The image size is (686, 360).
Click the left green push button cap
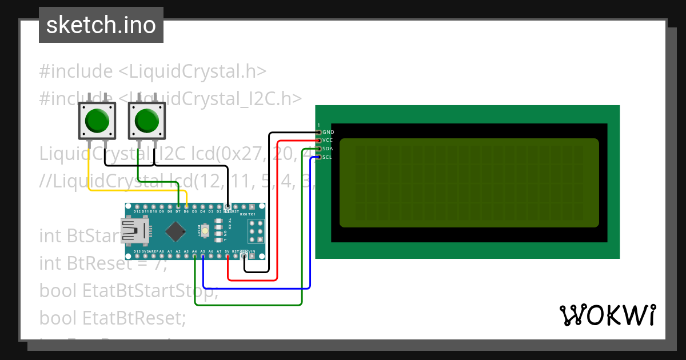97,121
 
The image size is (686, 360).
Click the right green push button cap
147,121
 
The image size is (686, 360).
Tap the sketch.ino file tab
101,25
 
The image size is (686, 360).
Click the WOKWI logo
607,315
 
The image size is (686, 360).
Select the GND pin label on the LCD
328,132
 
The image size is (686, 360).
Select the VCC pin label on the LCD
328,140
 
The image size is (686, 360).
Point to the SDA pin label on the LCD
328,149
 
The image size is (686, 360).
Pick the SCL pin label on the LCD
327,157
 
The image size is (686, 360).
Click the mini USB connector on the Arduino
132,231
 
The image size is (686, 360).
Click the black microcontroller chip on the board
175,231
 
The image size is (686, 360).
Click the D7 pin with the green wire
178,206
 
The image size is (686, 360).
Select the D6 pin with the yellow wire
186,206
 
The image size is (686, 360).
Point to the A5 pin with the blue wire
203,256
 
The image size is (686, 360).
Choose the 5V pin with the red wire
228,256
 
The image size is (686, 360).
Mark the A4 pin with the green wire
195,256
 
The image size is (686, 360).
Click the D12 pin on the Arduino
137,206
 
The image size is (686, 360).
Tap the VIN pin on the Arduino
252,256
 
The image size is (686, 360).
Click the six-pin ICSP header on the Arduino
254,231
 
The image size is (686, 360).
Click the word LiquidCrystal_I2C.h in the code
212,98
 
